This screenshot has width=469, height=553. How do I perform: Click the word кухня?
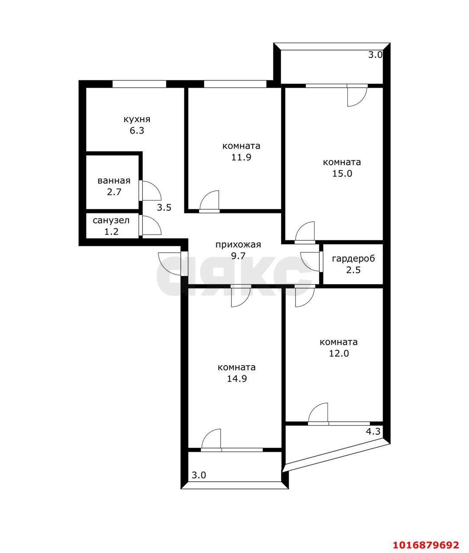tap(137, 119)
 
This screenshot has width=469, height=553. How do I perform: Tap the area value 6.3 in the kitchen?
tap(137, 131)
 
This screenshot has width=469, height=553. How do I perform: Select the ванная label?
tap(114, 181)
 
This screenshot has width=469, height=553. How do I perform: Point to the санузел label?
tap(111, 220)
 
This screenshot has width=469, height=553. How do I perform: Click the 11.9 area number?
tap(241, 157)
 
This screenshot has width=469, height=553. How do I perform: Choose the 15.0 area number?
tap(342, 174)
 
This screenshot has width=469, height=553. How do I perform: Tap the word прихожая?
tap(238, 245)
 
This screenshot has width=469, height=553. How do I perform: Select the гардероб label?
tap(353, 259)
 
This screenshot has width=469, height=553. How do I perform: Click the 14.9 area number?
tap(237, 379)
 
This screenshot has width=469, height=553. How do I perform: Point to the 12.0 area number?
tap(339, 353)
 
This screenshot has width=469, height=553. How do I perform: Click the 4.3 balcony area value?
tap(373, 432)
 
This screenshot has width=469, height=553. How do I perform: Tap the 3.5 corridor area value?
tap(164, 207)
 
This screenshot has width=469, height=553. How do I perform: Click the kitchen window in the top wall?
tap(139, 84)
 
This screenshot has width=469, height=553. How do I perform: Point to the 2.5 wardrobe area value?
tap(353, 270)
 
